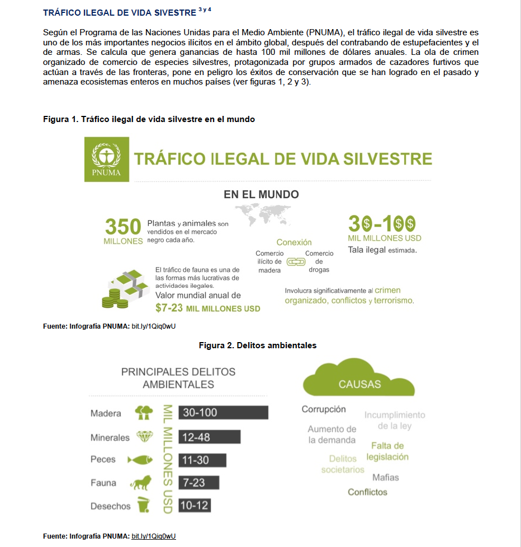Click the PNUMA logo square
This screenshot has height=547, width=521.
pos(106,159)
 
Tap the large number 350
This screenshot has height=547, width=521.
pos(123,227)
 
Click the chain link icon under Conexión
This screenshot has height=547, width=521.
pos(295,261)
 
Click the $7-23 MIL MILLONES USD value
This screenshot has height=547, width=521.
pos(207,308)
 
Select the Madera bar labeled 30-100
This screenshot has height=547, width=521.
pos(223,413)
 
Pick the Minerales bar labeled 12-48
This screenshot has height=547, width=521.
pos(209,437)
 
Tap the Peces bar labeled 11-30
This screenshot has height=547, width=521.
pos(202,460)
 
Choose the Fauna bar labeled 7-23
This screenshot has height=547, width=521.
pos(199,483)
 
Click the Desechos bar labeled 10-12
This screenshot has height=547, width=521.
pos(195,506)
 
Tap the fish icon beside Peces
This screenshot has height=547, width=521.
pos(140,460)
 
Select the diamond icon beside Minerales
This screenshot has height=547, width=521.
pos(144,437)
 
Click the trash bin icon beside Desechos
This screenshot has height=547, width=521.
pos(144,505)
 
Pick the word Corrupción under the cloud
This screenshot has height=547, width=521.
pos(324,409)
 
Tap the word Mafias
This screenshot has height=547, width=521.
pos(386,478)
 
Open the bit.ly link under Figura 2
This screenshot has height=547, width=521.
pos(154,536)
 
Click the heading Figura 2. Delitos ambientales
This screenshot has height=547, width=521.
pos(258,345)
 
